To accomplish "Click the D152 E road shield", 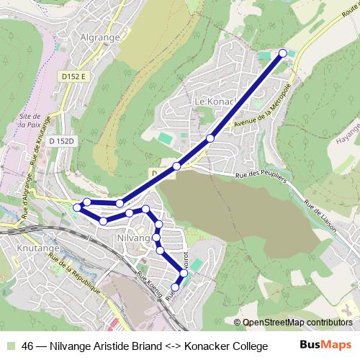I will (73, 76).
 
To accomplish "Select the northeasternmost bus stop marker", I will (283, 53).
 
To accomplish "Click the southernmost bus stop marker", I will (174, 287).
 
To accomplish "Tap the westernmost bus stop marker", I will (77, 207).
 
